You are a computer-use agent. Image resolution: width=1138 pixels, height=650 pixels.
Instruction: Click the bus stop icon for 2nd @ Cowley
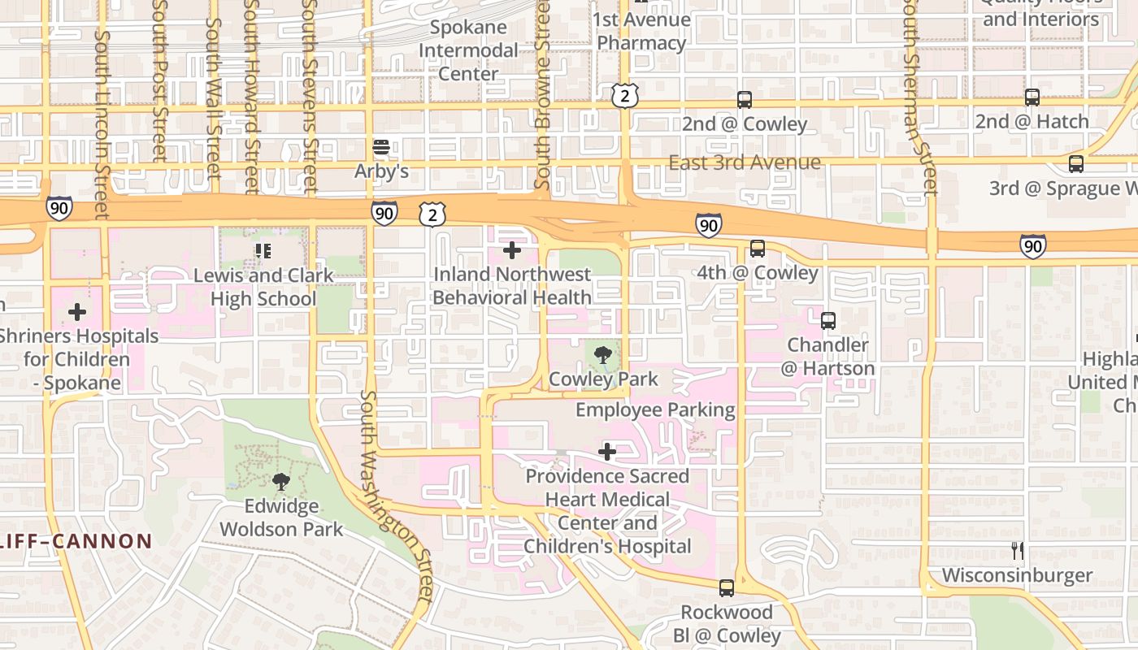pos(744,100)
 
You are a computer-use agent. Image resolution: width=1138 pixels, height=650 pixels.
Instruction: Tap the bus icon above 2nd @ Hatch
pos(1032,97)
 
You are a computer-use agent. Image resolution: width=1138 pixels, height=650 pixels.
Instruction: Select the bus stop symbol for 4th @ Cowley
pos(757,249)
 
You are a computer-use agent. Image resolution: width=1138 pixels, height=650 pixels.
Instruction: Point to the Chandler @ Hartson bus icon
pos(827,321)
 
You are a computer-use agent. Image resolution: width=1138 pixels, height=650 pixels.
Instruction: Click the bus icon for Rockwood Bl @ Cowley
pos(726,587)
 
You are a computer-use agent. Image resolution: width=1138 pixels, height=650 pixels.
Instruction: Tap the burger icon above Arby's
pos(380,148)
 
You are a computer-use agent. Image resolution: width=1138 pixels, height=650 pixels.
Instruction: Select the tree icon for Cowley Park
pos(602,355)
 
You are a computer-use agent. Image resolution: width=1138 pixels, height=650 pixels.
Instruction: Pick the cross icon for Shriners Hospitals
pos(77,312)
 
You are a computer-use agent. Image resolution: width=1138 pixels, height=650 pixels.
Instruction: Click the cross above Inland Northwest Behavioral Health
pos(511,250)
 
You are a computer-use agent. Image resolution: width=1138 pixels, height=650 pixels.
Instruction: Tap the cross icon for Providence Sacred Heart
pos(607,452)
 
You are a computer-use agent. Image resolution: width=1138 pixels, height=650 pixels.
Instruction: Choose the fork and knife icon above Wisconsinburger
pos(1017,551)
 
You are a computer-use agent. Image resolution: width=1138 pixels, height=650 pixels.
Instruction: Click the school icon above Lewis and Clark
pos(263,251)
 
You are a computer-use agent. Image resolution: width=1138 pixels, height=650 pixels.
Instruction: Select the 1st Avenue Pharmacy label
pos(641,32)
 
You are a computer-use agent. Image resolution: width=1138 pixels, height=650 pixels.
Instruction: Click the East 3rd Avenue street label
pos(744,162)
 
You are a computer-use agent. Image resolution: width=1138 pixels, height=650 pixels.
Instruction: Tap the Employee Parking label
pos(655,410)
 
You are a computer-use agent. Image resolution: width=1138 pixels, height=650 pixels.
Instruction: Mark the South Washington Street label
pos(397,496)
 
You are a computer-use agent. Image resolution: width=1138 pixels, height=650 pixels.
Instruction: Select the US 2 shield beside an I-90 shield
pos(432,214)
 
